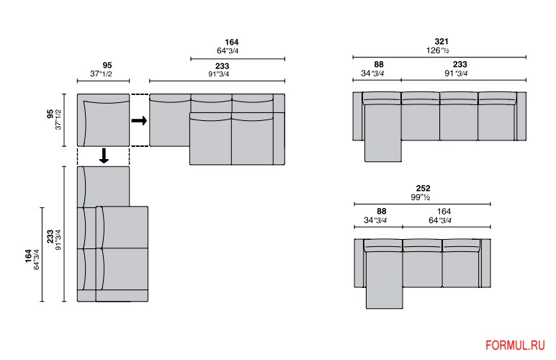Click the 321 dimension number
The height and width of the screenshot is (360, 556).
coord(441,42)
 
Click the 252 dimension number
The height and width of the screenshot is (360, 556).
coord(423,189)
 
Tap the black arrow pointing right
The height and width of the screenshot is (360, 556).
coord(139,120)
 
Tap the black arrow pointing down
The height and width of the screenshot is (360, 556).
coord(104,156)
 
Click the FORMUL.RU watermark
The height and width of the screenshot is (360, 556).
coord(515,345)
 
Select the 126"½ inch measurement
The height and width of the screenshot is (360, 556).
coord(438,50)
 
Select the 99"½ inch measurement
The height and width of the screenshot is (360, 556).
coord(421,197)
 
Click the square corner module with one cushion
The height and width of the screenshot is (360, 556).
coord(103,120)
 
